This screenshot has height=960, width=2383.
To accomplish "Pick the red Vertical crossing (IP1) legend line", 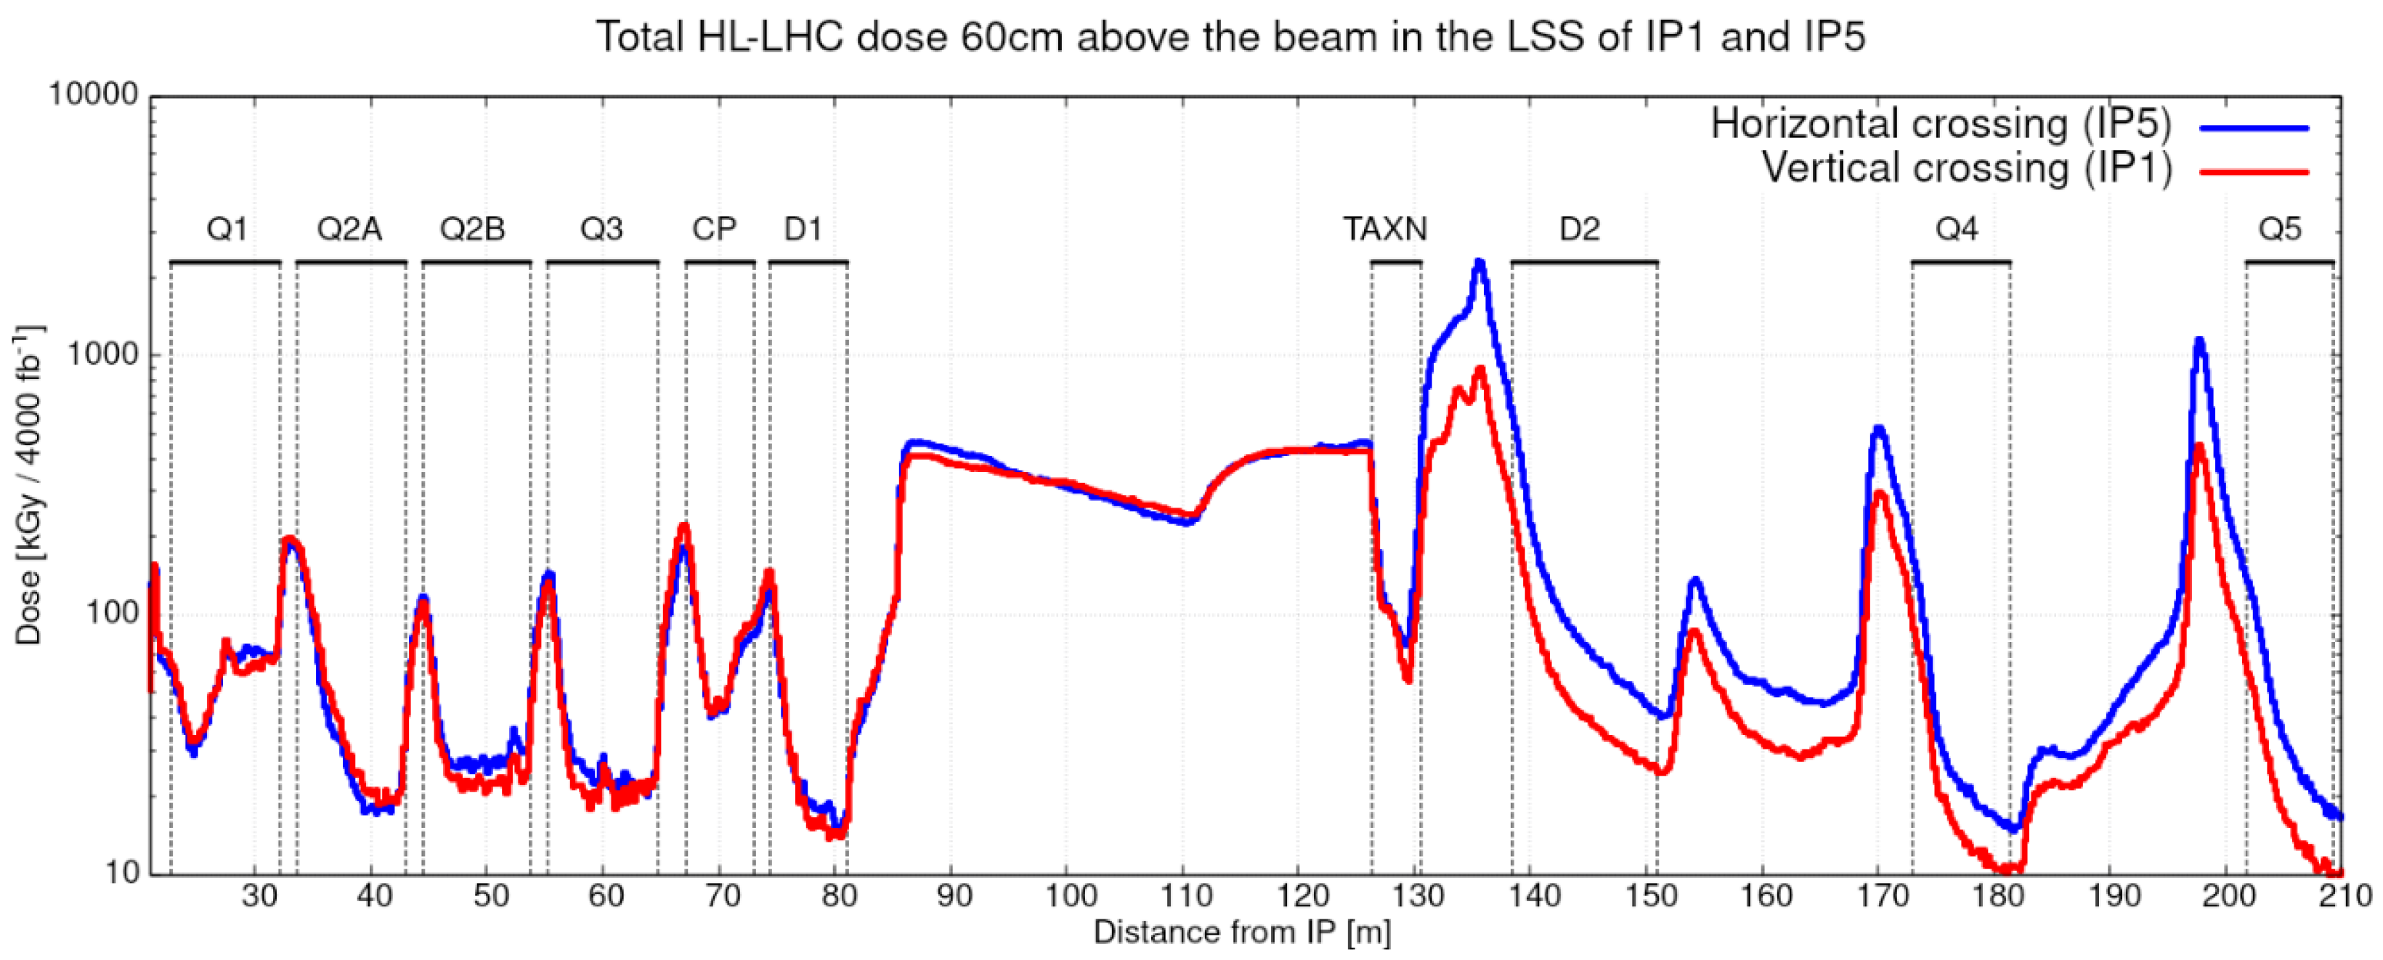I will [x=2254, y=171].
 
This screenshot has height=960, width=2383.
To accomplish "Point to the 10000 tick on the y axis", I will [x=92, y=94].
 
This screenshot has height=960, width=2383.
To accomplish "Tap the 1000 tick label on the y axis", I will [x=102, y=354].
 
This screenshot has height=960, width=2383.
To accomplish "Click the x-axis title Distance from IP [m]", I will [x=1241, y=932].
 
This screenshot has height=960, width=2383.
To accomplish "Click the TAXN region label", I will [x=1385, y=229].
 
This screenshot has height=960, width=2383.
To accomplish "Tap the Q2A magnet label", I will [x=349, y=229].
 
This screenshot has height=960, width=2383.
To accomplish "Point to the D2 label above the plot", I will [x=1579, y=229].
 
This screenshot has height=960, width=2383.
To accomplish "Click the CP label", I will [x=714, y=229].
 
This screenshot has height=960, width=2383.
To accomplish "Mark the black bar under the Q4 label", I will [x=1960, y=263].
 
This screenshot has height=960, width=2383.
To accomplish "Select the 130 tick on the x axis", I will [x=1418, y=895].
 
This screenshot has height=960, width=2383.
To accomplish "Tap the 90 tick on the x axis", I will [x=954, y=895].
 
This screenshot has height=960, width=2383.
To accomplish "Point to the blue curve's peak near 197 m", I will [x=2199, y=341].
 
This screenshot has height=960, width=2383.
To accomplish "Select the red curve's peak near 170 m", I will [x=1879, y=493].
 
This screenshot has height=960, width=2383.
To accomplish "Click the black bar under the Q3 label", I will [x=602, y=263].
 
